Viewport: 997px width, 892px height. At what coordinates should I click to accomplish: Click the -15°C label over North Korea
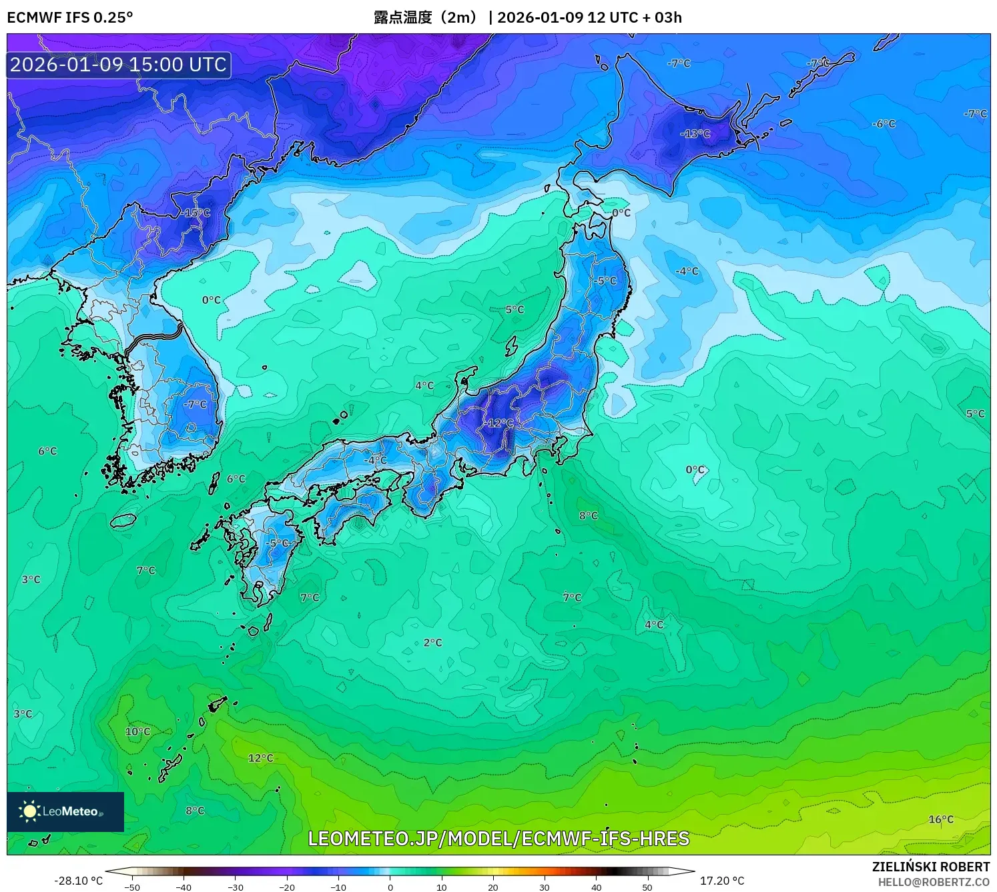pos(197,213)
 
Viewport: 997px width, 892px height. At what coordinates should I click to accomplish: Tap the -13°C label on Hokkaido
pos(695,134)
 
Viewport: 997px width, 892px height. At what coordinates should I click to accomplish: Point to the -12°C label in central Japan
pos(501,423)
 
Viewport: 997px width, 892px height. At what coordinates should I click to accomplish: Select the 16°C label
pos(941,819)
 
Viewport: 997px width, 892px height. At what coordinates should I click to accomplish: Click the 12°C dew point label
pos(261,758)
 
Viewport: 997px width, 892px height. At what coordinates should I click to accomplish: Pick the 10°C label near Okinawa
pos(138,731)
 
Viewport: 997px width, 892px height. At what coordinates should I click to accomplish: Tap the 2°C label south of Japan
pos(432,643)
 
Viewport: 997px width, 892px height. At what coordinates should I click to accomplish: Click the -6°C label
pos(884,124)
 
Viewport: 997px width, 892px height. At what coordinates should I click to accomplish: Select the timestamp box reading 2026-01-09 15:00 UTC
pos(119,65)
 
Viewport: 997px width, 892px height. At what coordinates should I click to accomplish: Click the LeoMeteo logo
pos(65,811)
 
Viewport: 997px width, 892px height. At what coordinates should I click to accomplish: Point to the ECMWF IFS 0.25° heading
pos(70,17)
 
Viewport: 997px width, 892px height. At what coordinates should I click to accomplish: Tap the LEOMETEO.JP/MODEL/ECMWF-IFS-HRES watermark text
pos(498,839)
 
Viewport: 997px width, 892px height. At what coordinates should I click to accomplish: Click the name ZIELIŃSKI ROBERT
pos(931,867)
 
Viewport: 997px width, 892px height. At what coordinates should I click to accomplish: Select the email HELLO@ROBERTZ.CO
pos(934,882)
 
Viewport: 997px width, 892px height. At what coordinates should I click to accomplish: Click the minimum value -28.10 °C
pos(78,881)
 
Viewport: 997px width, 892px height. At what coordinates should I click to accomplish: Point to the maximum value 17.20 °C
pos(722,881)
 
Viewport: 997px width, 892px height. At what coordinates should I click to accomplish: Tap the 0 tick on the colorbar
pos(390,887)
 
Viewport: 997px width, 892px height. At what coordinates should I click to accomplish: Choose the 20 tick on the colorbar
pos(493,887)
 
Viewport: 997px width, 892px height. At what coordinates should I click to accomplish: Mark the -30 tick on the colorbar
pos(236,887)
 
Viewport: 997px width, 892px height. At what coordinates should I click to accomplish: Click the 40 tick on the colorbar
pos(596,887)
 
